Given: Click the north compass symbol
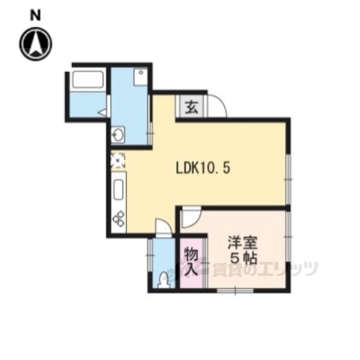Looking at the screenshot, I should coord(34,44).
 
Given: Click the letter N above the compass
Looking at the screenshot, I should coord(34,14).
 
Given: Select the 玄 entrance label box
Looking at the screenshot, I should coord(191,107).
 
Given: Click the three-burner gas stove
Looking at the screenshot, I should coord(118,218).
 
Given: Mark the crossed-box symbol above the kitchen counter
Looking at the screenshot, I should coord(117,160).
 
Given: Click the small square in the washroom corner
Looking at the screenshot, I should coord(140,73).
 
